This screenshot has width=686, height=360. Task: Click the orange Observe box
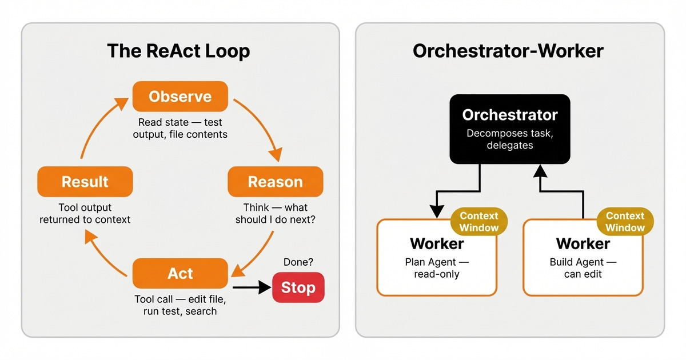click(180, 97)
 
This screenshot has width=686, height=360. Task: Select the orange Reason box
click(275, 182)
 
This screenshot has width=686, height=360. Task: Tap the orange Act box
click(180, 273)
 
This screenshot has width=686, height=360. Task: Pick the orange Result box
click(85, 182)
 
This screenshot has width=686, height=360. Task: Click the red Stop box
click(298, 287)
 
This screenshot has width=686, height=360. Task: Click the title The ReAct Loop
click(178, 51)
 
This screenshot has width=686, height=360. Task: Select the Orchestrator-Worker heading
click(508, 51)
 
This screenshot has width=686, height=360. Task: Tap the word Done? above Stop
click(298, 262)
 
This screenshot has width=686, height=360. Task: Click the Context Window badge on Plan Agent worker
click(479, 222)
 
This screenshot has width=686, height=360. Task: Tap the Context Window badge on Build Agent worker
click(625, 222)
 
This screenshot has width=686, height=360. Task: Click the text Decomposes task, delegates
click(509, 139)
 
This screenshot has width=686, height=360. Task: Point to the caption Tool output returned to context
click(85, 213)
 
